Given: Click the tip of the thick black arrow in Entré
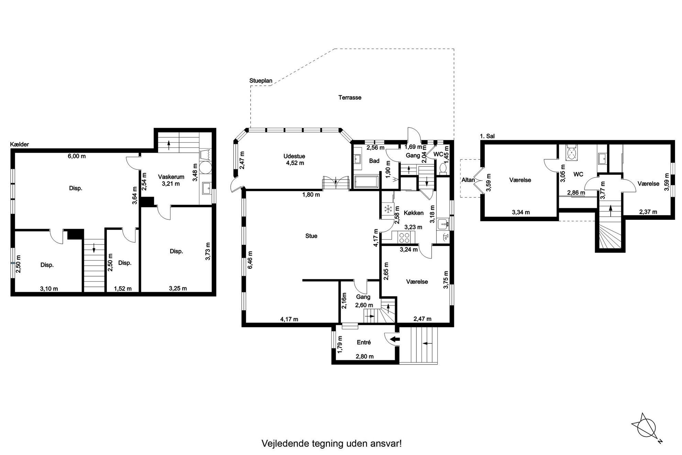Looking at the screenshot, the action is click(x=391, y=339).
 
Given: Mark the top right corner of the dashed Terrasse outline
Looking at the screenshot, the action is click(x=454, y=49).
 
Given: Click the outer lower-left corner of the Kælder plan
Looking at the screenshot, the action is click(x=11, y=296).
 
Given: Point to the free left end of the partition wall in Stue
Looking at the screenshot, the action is click(x=303, y=280).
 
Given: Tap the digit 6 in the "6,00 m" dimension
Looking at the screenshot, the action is click(x=69, y=156).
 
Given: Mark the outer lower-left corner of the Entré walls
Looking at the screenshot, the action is click(x=332, y=364).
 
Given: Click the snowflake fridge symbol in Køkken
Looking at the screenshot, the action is click(x=388, y=209).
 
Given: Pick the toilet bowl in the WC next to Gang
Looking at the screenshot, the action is click(x=443, y=169).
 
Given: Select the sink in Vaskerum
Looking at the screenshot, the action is click(x=207, y=188).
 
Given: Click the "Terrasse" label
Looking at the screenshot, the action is click(x=350, y=98).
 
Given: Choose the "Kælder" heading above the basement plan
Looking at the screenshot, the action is click(x=20, y=144).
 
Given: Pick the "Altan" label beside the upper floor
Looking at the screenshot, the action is click(x=468, y=180).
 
